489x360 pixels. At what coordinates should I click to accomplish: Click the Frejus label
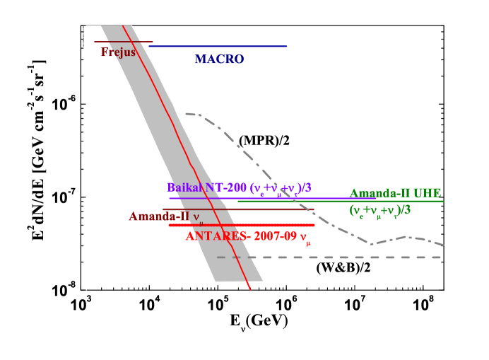117,52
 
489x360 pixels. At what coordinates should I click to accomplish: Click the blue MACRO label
219,59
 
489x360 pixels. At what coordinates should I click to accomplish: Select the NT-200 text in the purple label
224,188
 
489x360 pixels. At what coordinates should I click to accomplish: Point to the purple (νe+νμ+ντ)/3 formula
281,188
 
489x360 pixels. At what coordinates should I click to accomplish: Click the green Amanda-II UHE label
395,193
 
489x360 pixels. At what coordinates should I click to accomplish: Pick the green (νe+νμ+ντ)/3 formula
380,210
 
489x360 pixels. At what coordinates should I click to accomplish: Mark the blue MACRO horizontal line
233,47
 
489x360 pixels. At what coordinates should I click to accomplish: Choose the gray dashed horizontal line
353,257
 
